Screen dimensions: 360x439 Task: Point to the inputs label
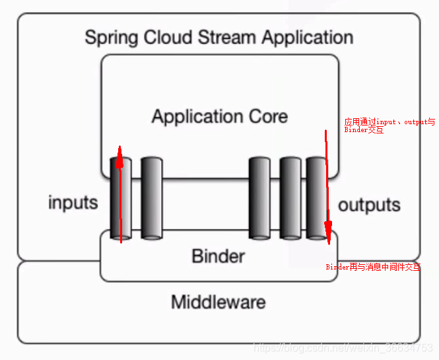pyautogui.click(x=73, y=202)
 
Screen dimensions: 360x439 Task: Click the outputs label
pyautogui.click(x=369, y=204)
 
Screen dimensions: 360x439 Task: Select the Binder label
pyautogui.click(x=219, y=256)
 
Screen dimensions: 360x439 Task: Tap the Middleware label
pyautogui.click(x=219, y=303)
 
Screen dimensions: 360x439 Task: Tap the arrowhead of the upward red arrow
pyautogui.click(x=119, y=154)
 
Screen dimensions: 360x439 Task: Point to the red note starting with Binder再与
pyautogui.click(x=372, y=267)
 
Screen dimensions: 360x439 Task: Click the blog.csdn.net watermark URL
pyautogui.click(x=343, y=347)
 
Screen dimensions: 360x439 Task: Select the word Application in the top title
pyautogui.click(x=308, y=37)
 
